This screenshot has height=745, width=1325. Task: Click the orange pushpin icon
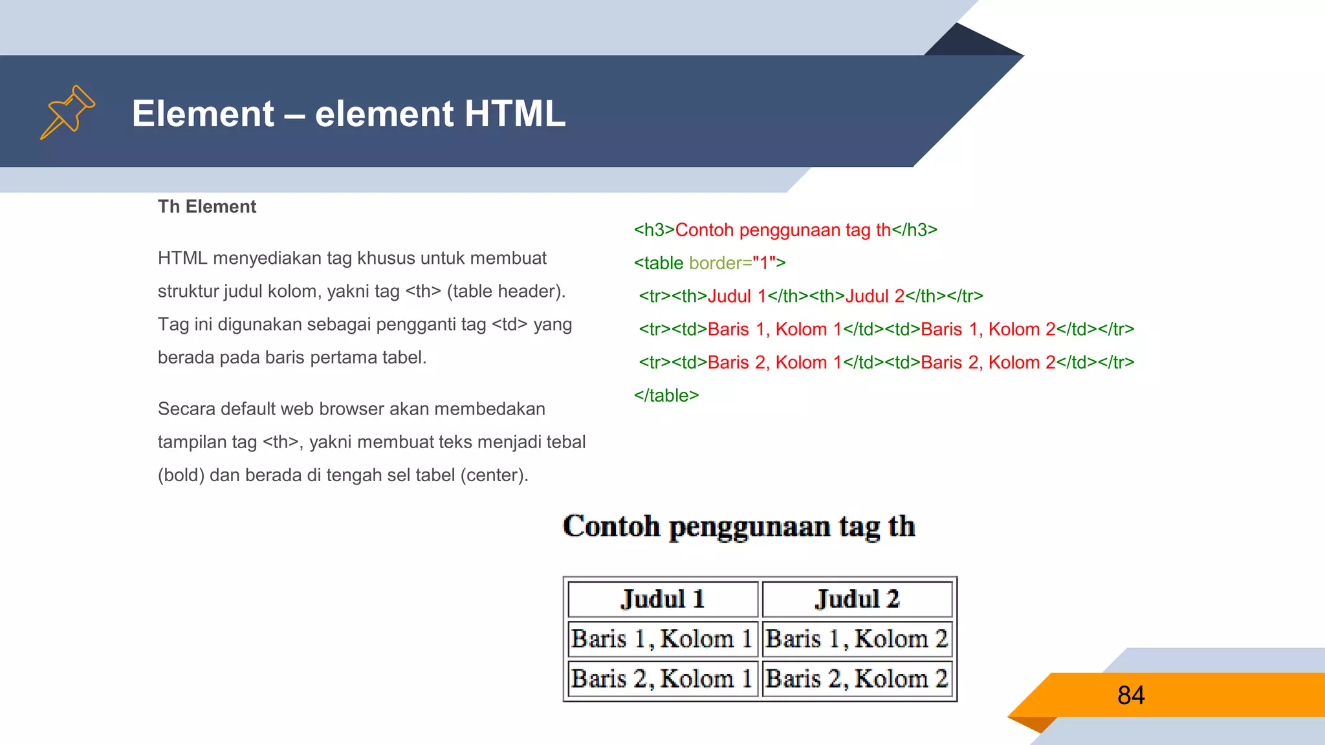pyautogui.click(x=67, y=113)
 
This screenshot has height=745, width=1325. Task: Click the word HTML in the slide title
pyautogui.click(x=514, y=114)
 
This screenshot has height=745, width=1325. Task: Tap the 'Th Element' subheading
pyautogui.click(x=207, y=207)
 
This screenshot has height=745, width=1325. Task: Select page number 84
pyautogui.click(x=1131, y=695)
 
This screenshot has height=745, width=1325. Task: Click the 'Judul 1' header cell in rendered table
pyautogui.click(x=662, y=599)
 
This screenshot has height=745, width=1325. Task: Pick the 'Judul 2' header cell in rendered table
pyautogui.click(x=857, y=599)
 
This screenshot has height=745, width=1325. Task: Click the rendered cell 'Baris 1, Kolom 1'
pyautogui.click(x=662, y=639)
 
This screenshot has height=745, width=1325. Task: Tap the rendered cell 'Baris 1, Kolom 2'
pyautogui.click(x=857, y=639)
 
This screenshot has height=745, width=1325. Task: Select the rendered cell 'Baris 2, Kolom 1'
pyautogui.click(x=662, y=679)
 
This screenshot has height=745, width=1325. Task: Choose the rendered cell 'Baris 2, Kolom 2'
pyautogui.click(x=857, y=679)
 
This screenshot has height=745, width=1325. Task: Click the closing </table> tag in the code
pyautogui.click(x=666, y=395)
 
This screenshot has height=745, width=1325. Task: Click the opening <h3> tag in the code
pyautogui.click(x=654, y=230)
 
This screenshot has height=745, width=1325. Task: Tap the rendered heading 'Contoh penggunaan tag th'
pyautogui.click(x=739, y=526)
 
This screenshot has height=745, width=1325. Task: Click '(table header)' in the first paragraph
pyautogui.click(x=506, y=292)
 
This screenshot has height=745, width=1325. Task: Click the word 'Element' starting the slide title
pyautogui.click(x=203, y=114)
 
